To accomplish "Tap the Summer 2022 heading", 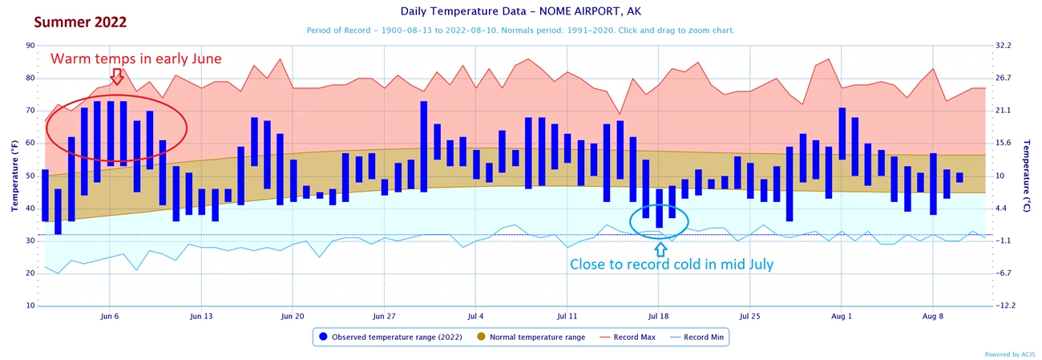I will point(69,22).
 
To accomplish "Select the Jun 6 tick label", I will point(110,316).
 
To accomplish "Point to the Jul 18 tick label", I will point(659,316).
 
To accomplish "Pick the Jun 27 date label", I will point(385,316).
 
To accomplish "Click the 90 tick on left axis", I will point(30,46).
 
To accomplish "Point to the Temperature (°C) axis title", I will point(1028,176).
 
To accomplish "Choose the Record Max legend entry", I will point(634,338).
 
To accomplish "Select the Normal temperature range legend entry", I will point(533,338).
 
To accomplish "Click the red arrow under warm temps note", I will point(117,76).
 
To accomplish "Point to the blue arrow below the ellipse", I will point(660,249).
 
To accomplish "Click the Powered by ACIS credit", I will point(1009,354).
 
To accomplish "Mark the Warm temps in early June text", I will point(135,59).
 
